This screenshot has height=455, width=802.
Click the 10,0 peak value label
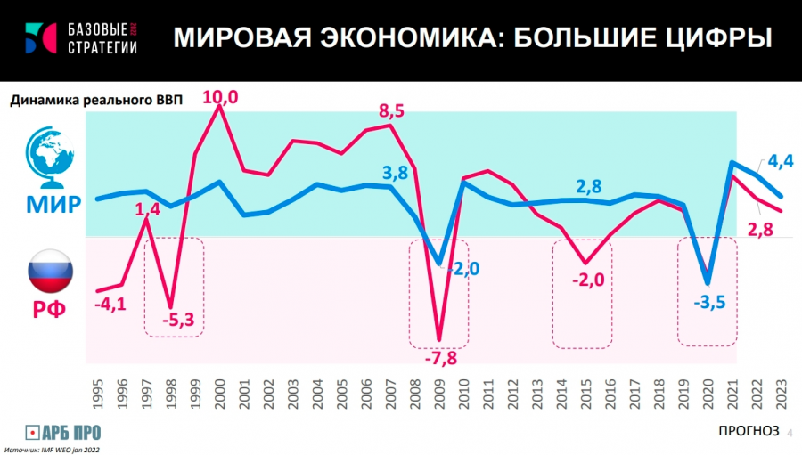point(221,99)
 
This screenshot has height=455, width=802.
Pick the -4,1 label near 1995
point(110,305)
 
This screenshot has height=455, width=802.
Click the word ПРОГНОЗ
point(748,431)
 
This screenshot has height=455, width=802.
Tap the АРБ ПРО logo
point(63,433)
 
